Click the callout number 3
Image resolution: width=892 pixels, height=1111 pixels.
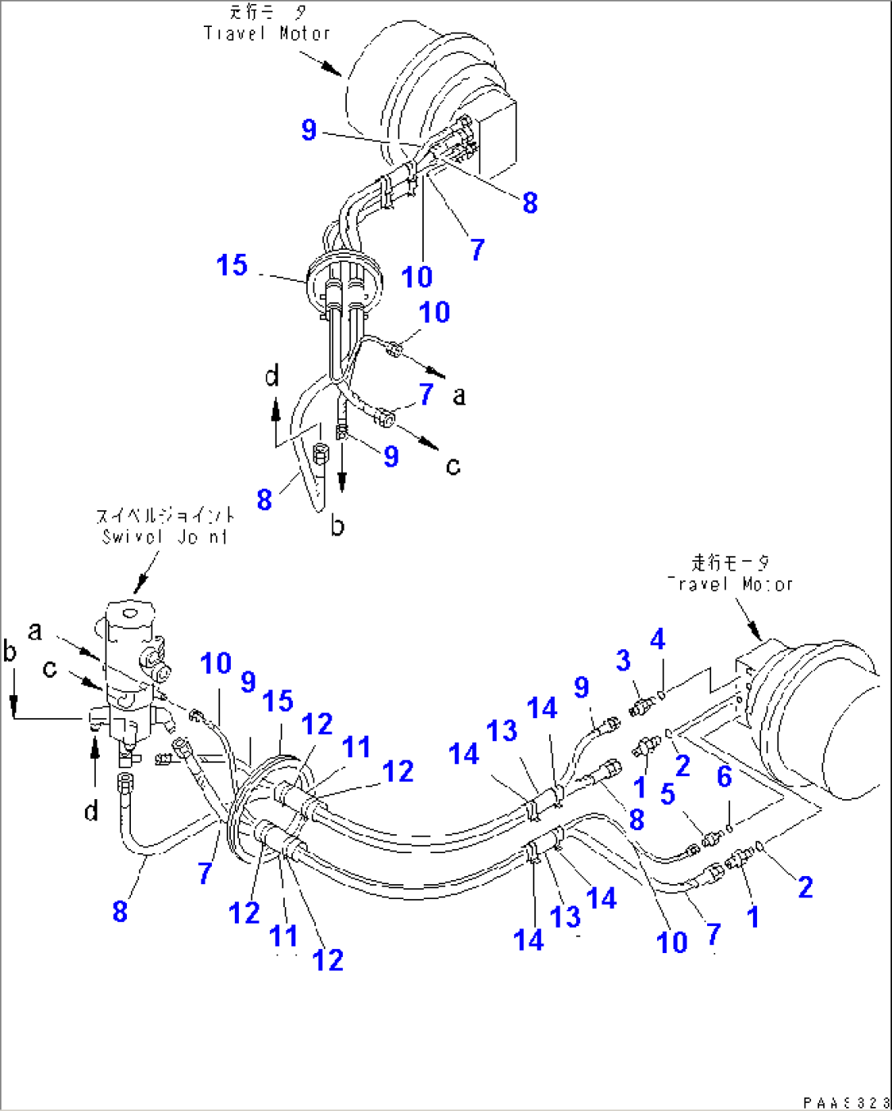click(x=623, y=661)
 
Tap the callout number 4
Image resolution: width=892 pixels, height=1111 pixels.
click(x=657, y=639)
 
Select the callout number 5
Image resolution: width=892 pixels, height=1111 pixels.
click(x=668, y=793)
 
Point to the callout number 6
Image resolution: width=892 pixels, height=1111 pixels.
click(x=724, y=776)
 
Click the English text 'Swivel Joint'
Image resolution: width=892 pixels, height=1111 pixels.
click(x=164, y=537)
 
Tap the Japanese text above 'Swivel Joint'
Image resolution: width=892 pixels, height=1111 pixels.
click(x=164, y=516)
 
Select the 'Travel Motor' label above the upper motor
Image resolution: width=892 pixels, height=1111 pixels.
click(x=267, y=34)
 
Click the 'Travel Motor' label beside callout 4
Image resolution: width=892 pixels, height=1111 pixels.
click(x=730, y=584)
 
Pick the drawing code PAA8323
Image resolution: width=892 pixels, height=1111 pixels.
click(x=845, y=1102)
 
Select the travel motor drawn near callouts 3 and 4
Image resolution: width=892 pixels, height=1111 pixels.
click(x=818, y=712)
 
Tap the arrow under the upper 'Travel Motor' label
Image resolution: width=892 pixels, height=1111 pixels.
click(x=321, y=64)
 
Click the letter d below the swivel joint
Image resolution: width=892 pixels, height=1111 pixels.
click(x=91, y=811)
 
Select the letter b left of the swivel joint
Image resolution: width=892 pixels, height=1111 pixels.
click(x=10, y=652)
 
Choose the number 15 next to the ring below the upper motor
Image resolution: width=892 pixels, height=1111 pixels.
click(x=232, y=265)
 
